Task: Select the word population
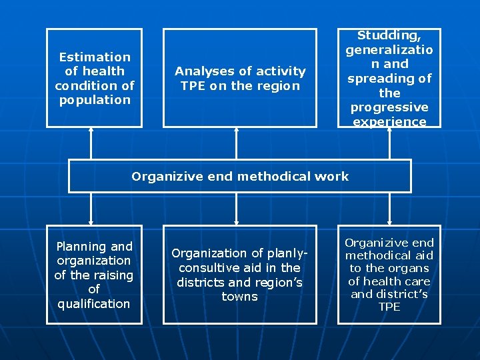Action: (95, 100)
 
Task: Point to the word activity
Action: (279, 71)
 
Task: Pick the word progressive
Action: (389, 107)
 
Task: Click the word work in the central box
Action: (333, 177)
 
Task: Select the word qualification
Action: (94, 304)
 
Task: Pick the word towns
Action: (239, 297)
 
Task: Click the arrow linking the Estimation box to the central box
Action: (91, 143)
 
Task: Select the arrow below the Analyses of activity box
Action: (236, 143)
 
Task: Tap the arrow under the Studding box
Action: (390, 143)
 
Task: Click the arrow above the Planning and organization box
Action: (91, 209)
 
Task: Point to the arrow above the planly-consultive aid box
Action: (236, 209)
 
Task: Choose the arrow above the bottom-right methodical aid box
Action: (390, 209)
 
